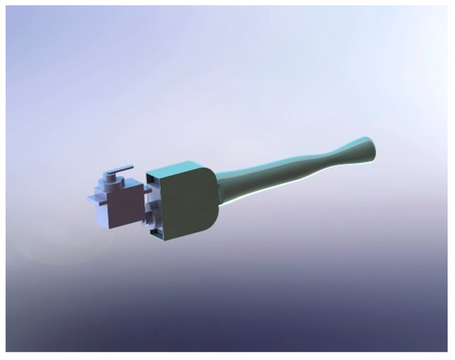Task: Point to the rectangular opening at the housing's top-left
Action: (153, 175)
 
